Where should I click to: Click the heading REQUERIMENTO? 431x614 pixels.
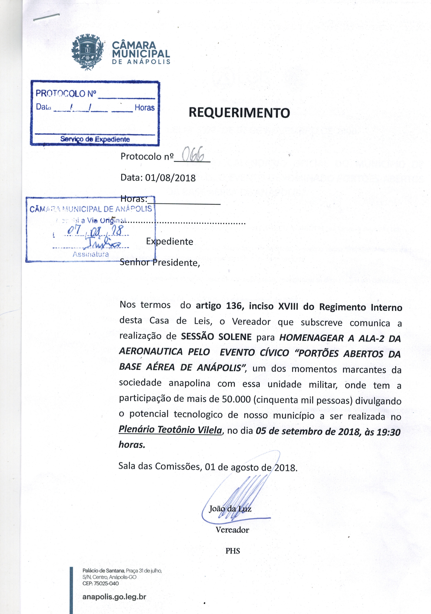coord(239,113)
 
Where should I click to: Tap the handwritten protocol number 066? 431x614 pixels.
coord(192,155)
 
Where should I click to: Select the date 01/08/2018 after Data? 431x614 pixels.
coord(170,178)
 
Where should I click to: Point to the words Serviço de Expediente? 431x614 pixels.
coord(95,139)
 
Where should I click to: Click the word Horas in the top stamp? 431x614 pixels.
coord(145,108)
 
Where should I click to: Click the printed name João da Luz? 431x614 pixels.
coord(230,508)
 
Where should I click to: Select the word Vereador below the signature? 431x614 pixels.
coord(232,530)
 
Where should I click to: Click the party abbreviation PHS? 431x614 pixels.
coord(232,551)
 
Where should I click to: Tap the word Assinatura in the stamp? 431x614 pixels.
coord(91,254)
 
